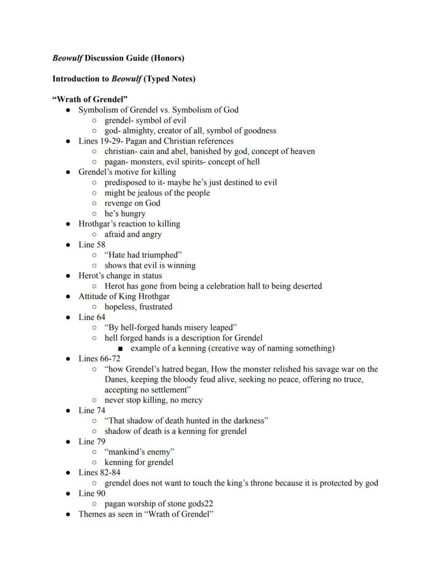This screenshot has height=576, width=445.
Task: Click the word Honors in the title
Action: [168, 58]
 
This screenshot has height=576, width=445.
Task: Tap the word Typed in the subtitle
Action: [160, 79]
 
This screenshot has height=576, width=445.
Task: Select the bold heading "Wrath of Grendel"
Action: [86, 99]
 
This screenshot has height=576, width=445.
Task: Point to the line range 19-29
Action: [112, 141]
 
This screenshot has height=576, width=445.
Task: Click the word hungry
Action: [132, 214]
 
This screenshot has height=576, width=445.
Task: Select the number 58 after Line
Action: [101, 245]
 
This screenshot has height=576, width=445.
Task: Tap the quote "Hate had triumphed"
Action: [143, 255]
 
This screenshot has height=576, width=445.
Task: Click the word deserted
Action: [306, 286]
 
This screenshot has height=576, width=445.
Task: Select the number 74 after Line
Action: [101, 410]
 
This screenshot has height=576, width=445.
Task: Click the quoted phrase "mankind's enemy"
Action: [139, 452]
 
